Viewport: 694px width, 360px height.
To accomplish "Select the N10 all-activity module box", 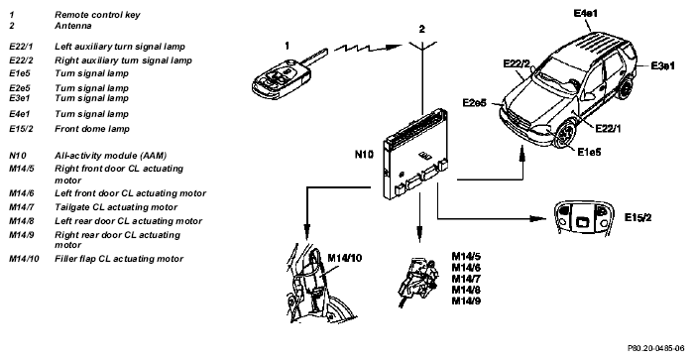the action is click(x=414, y=153).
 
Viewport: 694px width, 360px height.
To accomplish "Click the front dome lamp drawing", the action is click(x=582, y=217).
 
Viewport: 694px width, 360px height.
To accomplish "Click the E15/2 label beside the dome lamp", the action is click(x=637, y=217).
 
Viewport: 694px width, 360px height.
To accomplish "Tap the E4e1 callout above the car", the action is click(x=585, y=13).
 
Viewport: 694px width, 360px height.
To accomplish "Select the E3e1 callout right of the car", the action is click(x=662, y=66).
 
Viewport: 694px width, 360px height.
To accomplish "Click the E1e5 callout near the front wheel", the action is click(x=589, y=152).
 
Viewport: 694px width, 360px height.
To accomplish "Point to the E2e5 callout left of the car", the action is click(x=475, y=103).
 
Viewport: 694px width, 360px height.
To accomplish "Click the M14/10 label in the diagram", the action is click(x=344, y=258).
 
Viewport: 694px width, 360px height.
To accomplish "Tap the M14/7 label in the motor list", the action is click(x=466, y=279).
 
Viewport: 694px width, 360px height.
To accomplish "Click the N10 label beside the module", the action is click(x=364, y=154).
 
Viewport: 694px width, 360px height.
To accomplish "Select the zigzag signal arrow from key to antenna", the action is click(x=368, y=48).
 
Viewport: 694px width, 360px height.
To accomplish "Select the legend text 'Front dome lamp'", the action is click(x=92, y=129).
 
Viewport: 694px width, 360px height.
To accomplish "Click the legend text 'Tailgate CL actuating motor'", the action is click(x=116, y=207).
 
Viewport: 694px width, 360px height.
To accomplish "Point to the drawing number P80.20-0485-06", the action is click(x=655, y=348).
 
